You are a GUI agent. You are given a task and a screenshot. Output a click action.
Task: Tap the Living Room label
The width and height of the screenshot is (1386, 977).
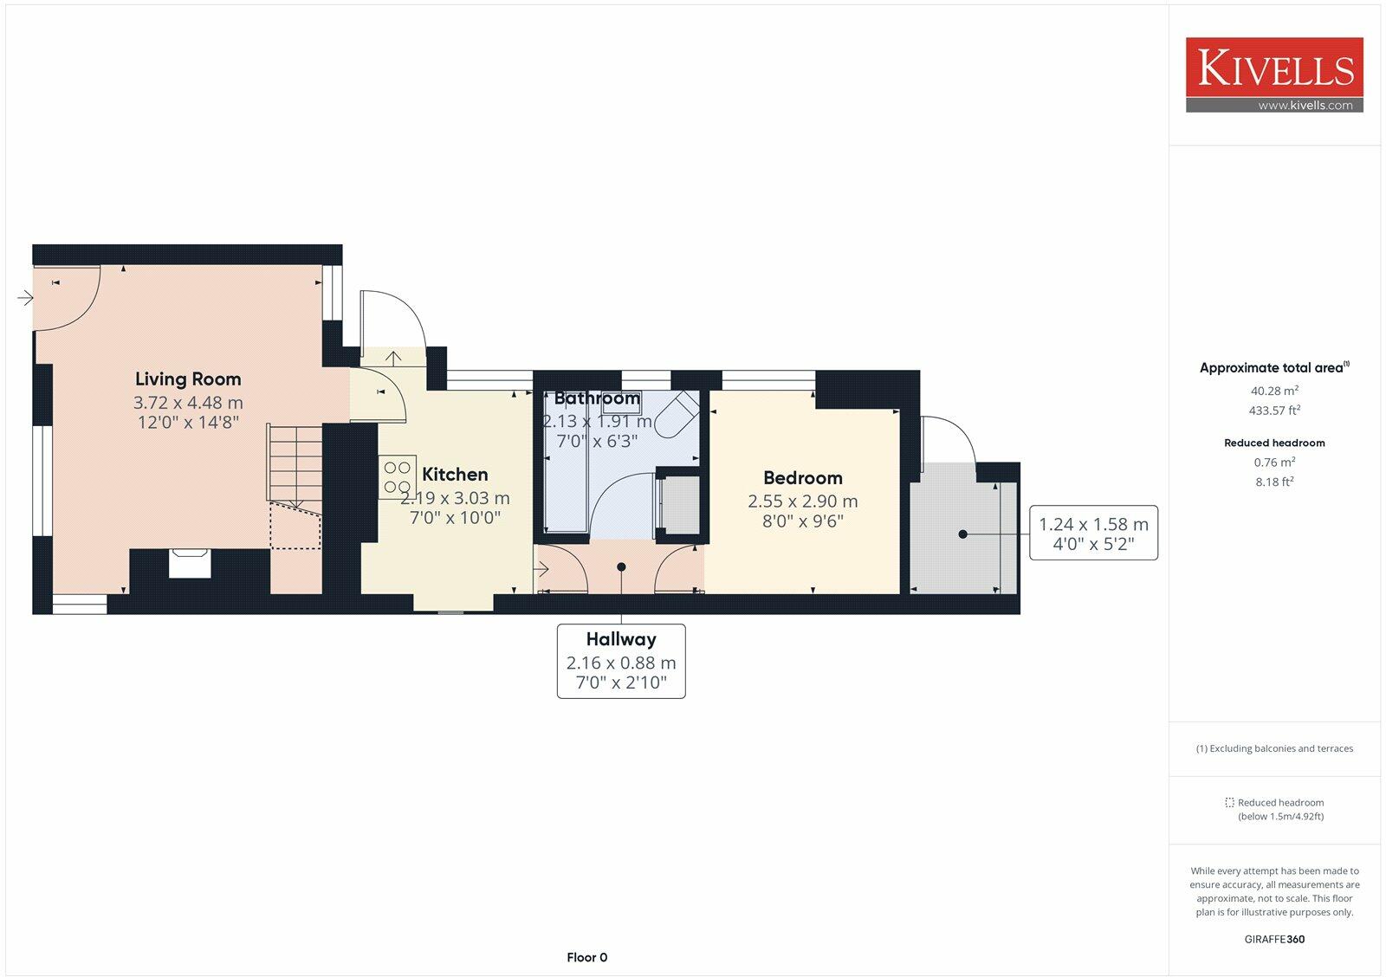188,379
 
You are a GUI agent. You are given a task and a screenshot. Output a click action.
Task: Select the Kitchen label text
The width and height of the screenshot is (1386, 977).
455,475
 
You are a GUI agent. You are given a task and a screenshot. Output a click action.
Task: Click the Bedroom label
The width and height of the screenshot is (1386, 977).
802,478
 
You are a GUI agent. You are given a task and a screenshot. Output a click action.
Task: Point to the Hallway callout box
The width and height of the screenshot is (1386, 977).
620,661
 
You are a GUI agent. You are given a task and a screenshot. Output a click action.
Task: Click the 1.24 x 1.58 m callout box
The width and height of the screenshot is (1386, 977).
1093,533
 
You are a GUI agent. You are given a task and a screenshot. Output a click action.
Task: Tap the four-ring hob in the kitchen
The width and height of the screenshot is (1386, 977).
397,477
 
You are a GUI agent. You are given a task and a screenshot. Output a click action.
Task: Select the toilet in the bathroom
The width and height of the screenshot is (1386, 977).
675,415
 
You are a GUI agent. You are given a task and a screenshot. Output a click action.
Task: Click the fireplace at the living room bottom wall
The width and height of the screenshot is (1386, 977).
189,563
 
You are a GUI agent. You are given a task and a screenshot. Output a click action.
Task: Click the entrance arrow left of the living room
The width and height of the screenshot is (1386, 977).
25,298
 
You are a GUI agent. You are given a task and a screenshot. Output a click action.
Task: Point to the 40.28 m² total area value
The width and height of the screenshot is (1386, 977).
1274,391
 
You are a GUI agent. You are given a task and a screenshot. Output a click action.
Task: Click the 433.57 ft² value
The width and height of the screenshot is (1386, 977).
1274,411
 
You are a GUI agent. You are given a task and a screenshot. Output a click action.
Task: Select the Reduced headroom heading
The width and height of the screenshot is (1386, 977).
1274,443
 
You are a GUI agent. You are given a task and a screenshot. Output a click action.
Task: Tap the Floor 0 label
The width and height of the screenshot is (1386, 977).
586,957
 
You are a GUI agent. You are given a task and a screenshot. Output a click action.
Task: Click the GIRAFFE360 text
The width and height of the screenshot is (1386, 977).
1274,939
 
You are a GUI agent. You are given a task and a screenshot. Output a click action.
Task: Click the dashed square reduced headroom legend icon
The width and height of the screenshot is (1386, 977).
1229,803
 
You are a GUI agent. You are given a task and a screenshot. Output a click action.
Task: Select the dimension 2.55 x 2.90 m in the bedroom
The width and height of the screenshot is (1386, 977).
802,501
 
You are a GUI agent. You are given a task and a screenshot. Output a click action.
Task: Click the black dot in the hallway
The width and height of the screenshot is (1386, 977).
621,567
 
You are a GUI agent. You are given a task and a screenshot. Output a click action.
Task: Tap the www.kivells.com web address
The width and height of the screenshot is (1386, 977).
1305,106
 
